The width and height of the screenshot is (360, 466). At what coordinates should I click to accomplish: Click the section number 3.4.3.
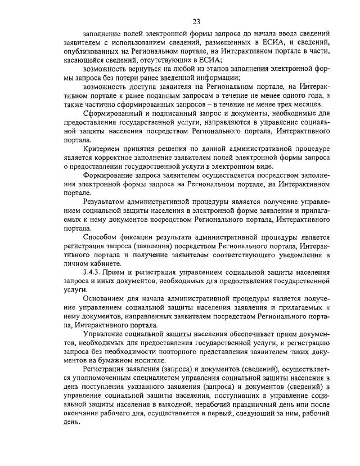92,272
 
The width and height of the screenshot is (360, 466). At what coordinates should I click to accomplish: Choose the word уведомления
300,255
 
